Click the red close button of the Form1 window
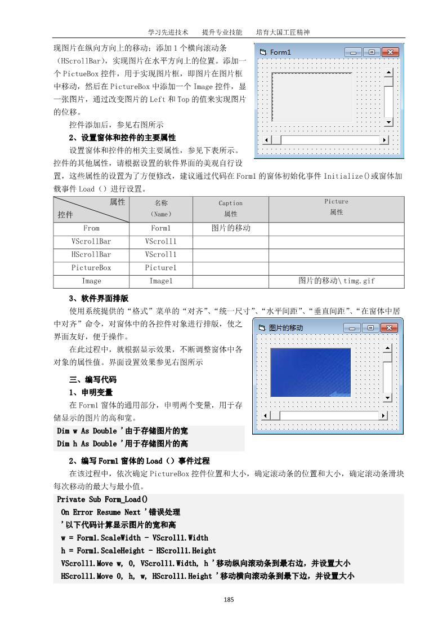click(x=390, y=52)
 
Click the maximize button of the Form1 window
click(x=372, y=52)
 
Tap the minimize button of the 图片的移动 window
click(x=353, y=327)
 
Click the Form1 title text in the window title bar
click(x=280, y=52)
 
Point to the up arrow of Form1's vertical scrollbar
click(x=388, y=73)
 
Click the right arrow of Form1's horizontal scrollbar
click(x=385, y=140)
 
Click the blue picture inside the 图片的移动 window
click(x=310, y=373)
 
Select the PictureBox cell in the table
click(x=91, y=268)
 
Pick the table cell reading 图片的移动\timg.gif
click(x=336, y=281)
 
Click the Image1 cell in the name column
click(x=160, y=281)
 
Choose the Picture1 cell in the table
click(x=160, y=268)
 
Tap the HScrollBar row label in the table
click(x=91, y=254)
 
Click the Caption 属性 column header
click(x=230, y=209)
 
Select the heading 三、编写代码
click(x=92, y=379)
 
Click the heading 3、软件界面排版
click(x=99, y=298)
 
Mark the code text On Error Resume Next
click(x=101, y=512)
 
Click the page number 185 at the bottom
click(x=228, y=599)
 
